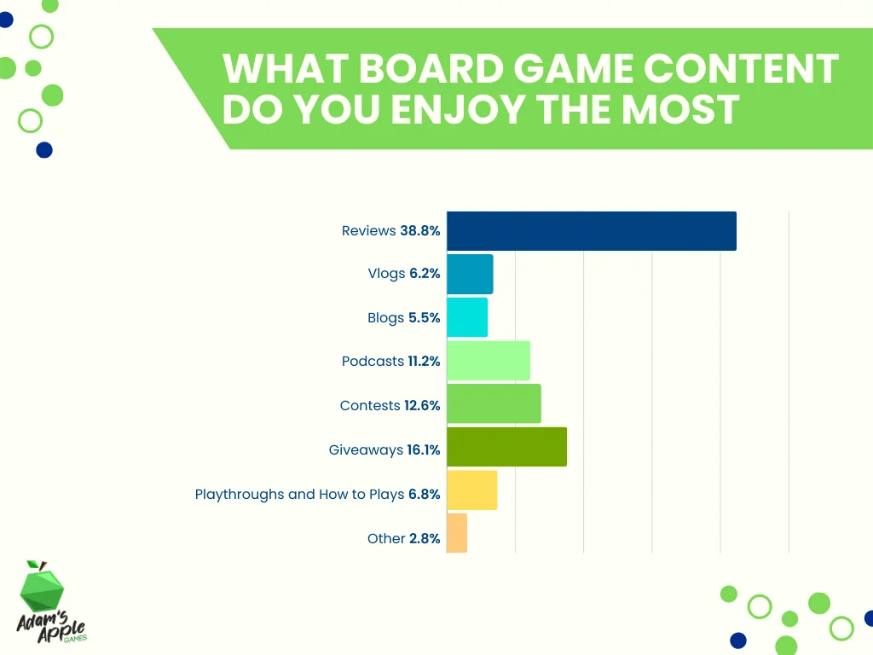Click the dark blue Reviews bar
coord(591,231)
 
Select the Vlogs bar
coord(470,274)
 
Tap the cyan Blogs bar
coord(467,317)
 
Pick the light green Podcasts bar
coord(489,361)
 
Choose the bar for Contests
coord(494,404)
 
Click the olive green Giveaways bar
coord(506,448)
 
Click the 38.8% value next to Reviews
coord(420,231)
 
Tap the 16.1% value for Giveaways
coord(424,449)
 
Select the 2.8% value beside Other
coord(425,538)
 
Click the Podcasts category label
coord(373,362)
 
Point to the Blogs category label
coord(385,318)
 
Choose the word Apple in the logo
coord(63,623)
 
